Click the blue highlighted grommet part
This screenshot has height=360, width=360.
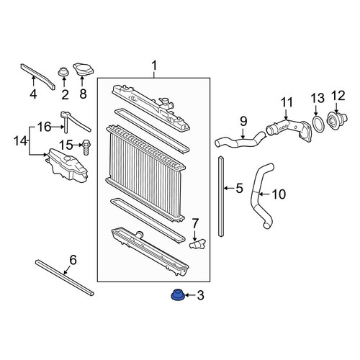pyautogui.click(x=177, y=295)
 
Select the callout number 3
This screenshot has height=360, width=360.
pyautogui.click(x=200, y=295)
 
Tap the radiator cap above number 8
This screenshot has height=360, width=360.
pyautogui.click(x=83, y=70)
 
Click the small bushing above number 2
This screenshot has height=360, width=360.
pyautogui.click(x=64, y=72)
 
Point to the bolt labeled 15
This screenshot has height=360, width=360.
pyautogui.click(x=86, y=148)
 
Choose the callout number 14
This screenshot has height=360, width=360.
pyautogui.click(x=20, y=141)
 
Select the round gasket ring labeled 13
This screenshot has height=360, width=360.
pyautogui.click(x=318, y=123)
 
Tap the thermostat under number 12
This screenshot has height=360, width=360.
pyautogui.click(x=336, y=122)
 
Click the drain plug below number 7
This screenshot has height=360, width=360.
pyautogui.click(x=197, y=244)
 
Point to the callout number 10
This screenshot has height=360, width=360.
pyautogui.click(x=279, y=194)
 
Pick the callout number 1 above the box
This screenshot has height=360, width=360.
pyautogui.click(x=154, y=66)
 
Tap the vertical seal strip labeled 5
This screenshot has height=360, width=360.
pyautogui.click(x=221, y=196)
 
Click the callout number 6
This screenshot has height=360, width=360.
pyautogui.click(x=73, y=261)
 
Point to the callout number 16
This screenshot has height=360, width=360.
pyautogui.click(x=45, y=127)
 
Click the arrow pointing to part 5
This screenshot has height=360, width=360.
pyautogui.click(x=229, y=188)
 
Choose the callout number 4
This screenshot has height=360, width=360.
pyautogui.click(x=33, y=94)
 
